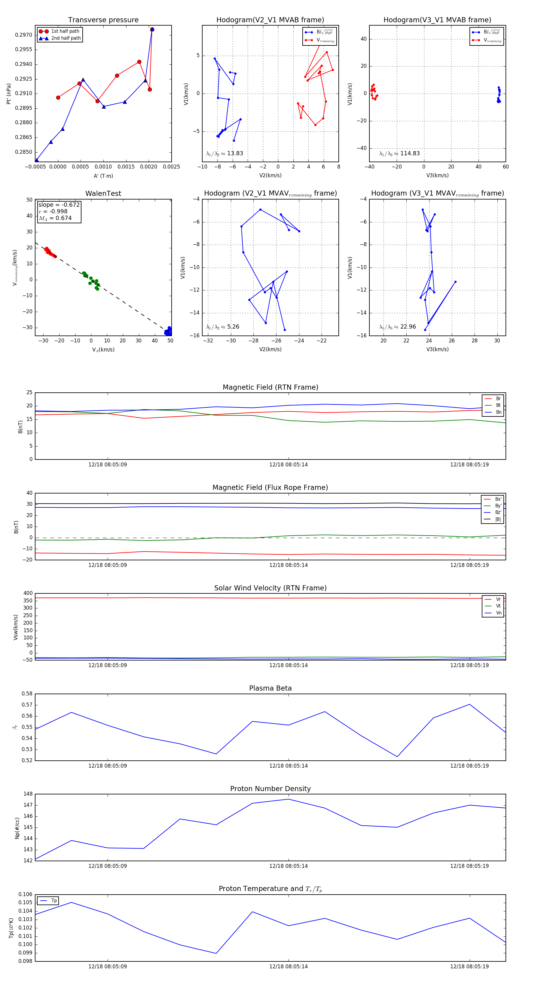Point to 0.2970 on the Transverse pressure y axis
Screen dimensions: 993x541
(x=23, y=35)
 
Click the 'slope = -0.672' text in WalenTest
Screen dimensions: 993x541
(x=59, y=205)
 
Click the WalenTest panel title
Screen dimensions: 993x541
(x=103, y=193)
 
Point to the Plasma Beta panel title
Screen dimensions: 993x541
(x=270, y=688)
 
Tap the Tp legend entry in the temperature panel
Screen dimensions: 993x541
(x=53, y=901)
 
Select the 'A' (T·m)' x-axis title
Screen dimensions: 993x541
(x=103, y=176)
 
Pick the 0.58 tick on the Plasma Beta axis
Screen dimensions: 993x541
(x=27, y=694)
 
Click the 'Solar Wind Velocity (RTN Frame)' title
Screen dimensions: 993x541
(x=270, y=588)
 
